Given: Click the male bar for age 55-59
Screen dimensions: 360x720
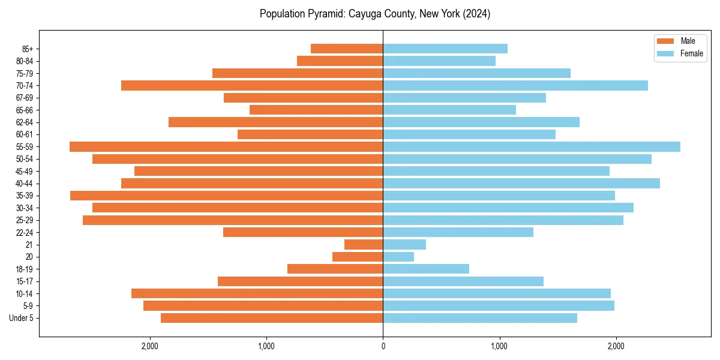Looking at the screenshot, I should tap(226, 147).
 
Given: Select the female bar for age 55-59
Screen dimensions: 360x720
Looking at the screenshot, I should tap(532, 147).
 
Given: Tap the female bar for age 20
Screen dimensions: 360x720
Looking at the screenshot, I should tap(398, 257).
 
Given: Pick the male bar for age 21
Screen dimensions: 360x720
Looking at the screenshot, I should tap(364, 245).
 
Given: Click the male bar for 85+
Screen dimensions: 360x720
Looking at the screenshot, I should tap(347, 49).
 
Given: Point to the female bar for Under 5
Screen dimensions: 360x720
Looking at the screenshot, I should tap(480, 318).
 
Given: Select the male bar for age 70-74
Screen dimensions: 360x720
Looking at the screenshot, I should tap(252, 86).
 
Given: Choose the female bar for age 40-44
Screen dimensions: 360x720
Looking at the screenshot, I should tap(521, 184).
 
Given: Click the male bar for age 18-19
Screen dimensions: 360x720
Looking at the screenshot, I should tap(335, 269).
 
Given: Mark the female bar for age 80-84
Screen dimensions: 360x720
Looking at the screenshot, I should tap(439, 61).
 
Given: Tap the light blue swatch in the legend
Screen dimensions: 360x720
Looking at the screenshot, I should tap(666, 53).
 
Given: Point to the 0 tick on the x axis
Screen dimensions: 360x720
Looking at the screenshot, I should tap(383, 346).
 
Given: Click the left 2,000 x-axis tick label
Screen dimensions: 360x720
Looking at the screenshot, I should tap(149, 346).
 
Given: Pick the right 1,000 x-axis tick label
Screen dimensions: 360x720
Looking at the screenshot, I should tap(499, 346).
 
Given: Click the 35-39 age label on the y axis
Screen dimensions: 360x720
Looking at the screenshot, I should tap(24, 196).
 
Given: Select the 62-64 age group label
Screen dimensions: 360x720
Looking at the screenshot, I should tap(24, 122).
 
